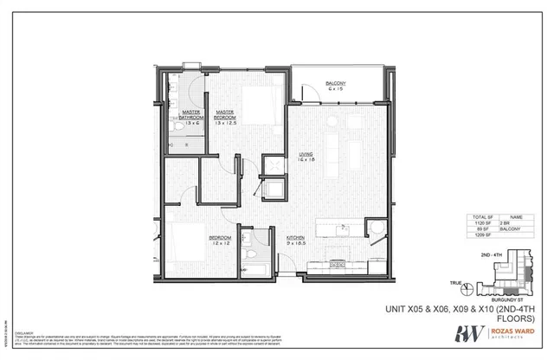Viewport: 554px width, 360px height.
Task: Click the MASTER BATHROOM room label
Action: pyautogui.click(x=191, y=117)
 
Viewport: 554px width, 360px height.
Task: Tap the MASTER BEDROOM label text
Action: pyautogui.click(x=227, y=117)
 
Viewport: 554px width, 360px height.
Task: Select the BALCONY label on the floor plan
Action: pyautogui.click(x=337, y=86)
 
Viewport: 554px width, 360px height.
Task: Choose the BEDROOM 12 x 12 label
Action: pyautogui.click(x=220, y=239)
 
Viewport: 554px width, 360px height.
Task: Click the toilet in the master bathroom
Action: pyautogui.click(x=179, y=126)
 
